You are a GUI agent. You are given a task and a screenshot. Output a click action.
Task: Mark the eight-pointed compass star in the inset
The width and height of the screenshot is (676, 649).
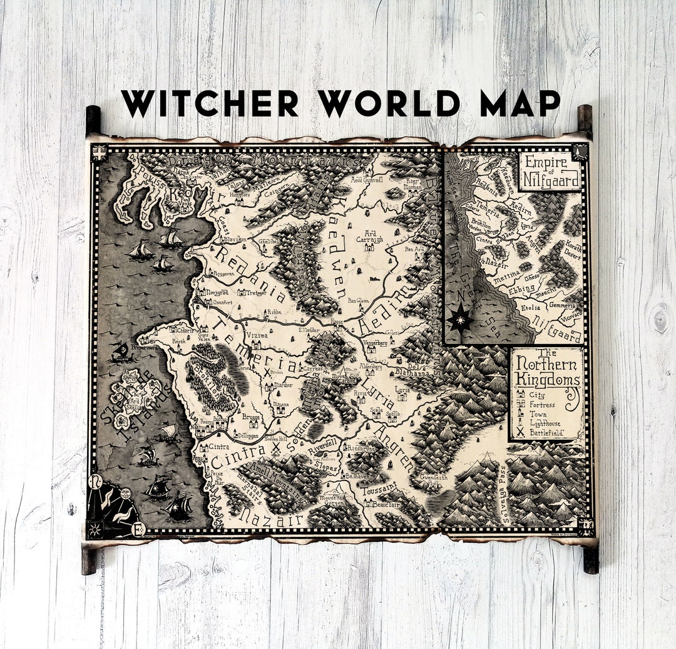(x=461, y=319)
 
